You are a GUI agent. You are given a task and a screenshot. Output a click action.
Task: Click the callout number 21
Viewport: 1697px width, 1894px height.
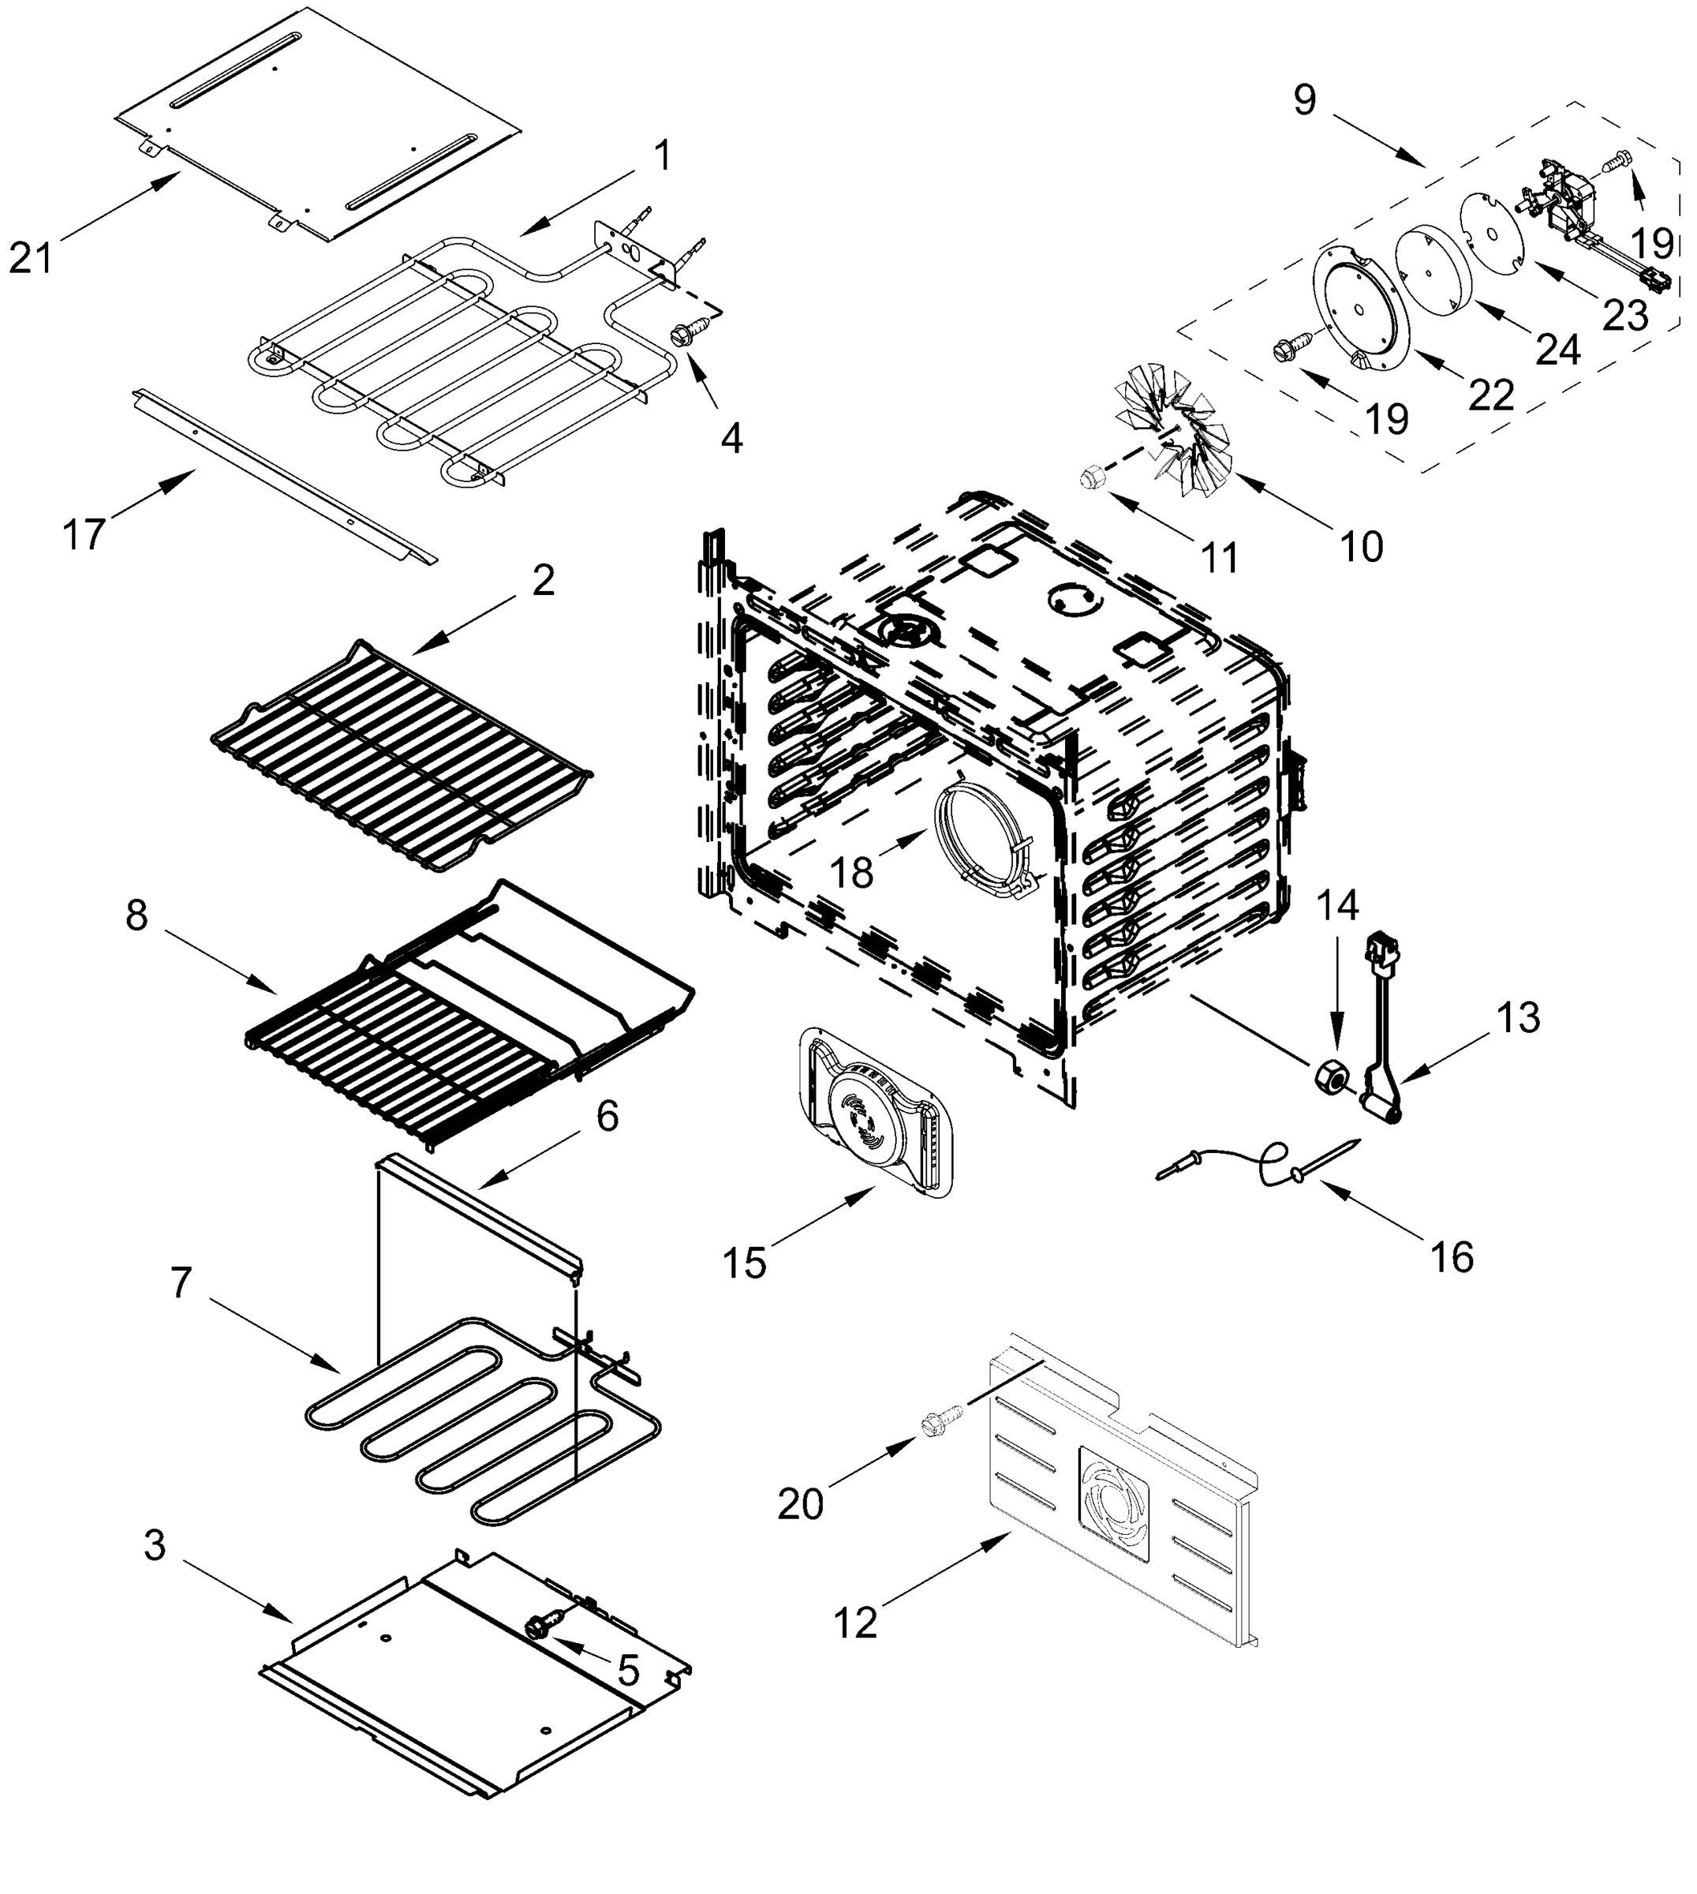[31, 256]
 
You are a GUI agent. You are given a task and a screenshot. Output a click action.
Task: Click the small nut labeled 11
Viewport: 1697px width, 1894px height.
[1088, 477]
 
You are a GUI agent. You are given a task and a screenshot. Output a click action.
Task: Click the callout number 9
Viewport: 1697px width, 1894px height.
[1304, 99]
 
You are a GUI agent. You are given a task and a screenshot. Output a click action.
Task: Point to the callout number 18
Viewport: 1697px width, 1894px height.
[850, 873]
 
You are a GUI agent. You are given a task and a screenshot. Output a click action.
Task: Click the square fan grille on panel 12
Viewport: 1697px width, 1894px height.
[1114, 1503]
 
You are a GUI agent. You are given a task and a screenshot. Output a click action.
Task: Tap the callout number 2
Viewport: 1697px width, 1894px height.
[543, 581]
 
